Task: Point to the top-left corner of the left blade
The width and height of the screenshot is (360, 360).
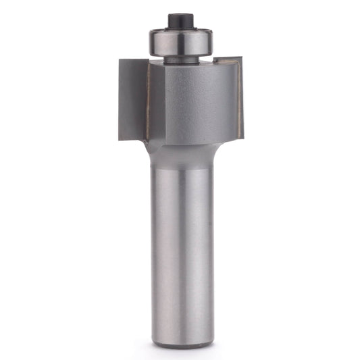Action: click(x=120, y=60)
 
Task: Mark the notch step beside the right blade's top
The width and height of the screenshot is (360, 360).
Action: click(x=216, y=63)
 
